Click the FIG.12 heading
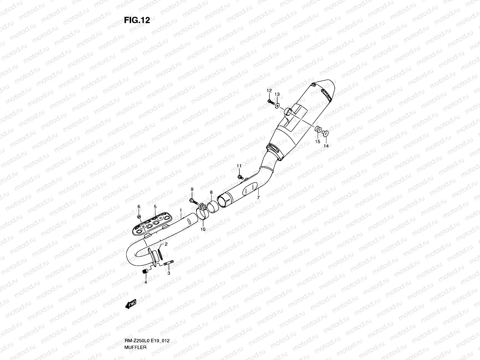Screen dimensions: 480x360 point(137,20)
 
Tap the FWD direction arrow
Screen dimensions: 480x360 point(131,304)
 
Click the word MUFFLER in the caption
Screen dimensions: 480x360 point(135,347)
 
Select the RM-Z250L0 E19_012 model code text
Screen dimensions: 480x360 point(147,341)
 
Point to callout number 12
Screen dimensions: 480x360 point(269,91)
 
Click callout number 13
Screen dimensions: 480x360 point(277,94)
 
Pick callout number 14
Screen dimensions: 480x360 point(326,146)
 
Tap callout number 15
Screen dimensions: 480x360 point(317,141)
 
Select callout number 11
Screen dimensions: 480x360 point(239,166)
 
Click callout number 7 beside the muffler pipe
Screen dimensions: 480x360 point(258,198)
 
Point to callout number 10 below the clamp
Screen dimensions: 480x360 point(203,229)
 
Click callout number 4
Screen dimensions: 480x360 point(145,282)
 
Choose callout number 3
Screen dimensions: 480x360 point(169,273)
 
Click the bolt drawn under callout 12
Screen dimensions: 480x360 point(271,102)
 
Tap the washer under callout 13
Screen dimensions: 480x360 point(277,106)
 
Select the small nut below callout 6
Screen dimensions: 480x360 point(139,217)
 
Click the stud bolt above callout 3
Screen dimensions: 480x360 point(169,263)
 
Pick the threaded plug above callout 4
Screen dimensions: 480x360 point(145,271)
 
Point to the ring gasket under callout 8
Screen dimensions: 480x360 point(212,207)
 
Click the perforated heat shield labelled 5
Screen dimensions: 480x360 point(152,224)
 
